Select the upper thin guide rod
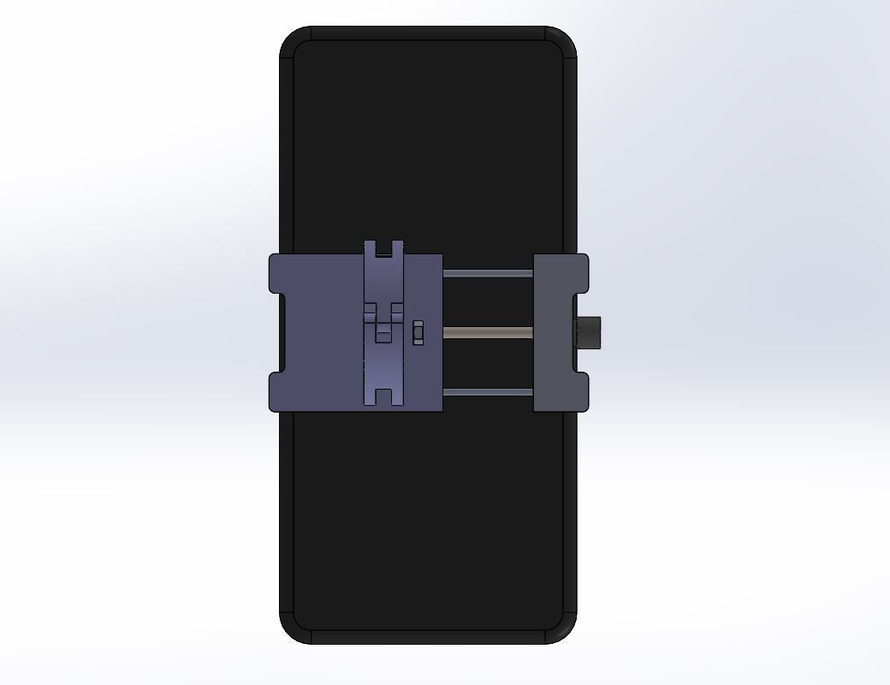tap(488, 273)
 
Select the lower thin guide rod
tap(488, 392)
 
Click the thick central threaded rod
tap(488, 332)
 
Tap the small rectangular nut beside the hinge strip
tap(418, 332)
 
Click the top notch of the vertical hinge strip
tap(383, 248)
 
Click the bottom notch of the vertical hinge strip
tap(383, 398)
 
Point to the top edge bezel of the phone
tap(428, 33)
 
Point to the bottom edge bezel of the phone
tap(428, 637)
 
